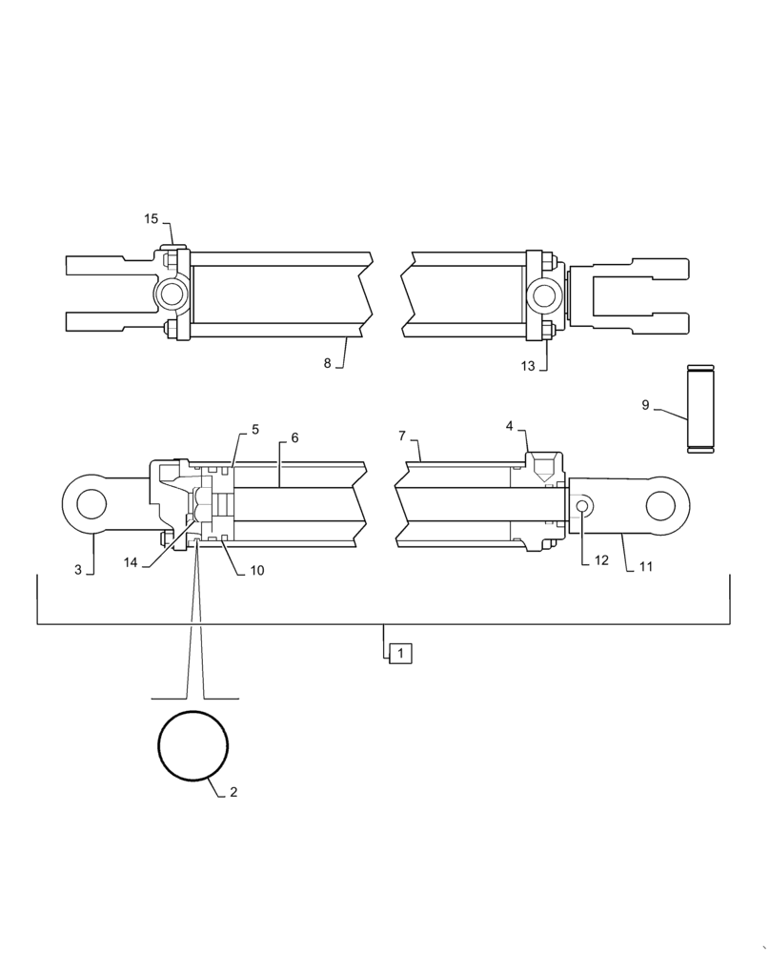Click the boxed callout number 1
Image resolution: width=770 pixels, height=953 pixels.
401,654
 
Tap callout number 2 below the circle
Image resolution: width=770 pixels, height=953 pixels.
233,792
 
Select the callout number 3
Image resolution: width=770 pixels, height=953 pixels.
78,570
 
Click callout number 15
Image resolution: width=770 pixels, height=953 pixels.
152,219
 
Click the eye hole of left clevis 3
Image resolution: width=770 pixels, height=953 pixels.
91,502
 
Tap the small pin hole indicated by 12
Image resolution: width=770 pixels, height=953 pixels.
582,503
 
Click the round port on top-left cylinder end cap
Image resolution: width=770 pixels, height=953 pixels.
172,292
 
